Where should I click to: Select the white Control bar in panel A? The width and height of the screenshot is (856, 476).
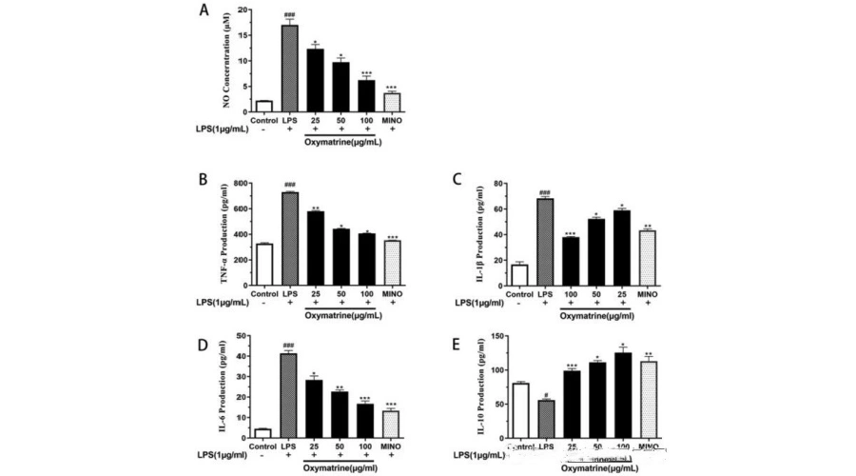point(264,106)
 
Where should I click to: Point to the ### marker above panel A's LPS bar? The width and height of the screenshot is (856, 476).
point(290,15)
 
